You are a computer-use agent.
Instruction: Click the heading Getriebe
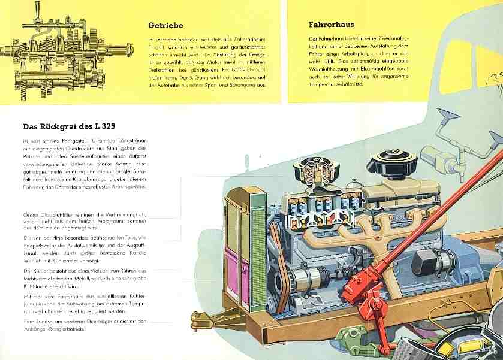165,26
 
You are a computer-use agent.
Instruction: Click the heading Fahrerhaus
331,25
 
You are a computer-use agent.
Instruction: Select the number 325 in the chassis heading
118,126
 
